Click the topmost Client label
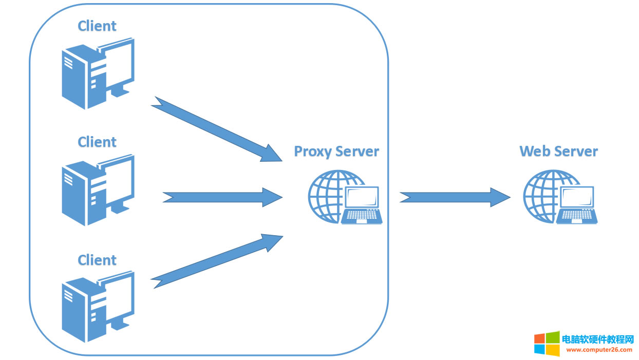(97, 26)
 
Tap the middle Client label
(97, 142)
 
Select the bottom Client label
(97, 260)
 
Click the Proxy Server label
(336, 151)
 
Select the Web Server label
(558, 151)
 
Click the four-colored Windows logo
(547, 343)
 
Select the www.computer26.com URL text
(599, 350)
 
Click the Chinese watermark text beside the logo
(598, 339)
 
